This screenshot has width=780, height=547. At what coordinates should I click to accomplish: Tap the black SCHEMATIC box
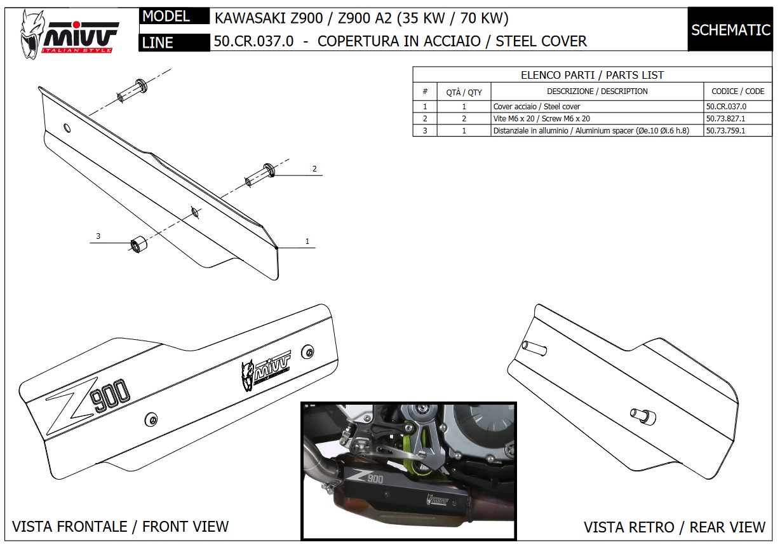click(730, 30)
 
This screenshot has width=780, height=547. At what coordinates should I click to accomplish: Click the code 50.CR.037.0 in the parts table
click(725, 107)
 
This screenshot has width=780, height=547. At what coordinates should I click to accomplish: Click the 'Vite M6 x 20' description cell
click(541, 119)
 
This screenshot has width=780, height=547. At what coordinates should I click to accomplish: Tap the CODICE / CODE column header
click(737, 91)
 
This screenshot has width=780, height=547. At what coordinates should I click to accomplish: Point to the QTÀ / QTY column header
click(464, 92)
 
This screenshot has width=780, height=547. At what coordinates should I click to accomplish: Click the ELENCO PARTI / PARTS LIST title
click(592, 75)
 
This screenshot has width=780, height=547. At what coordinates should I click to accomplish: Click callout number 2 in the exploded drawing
click(314, 169)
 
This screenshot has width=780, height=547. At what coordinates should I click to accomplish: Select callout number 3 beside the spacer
click(98, 236)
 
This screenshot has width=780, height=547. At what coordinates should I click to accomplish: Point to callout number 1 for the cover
click(307, 241)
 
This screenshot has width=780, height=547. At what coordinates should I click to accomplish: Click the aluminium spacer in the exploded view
click(137, 245)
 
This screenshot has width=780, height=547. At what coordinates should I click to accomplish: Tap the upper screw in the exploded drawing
click(131, 90)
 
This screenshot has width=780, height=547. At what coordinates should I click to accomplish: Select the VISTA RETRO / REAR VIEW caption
click(675, 527)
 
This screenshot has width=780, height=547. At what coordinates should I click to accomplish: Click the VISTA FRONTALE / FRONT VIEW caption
click(121, 526)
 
